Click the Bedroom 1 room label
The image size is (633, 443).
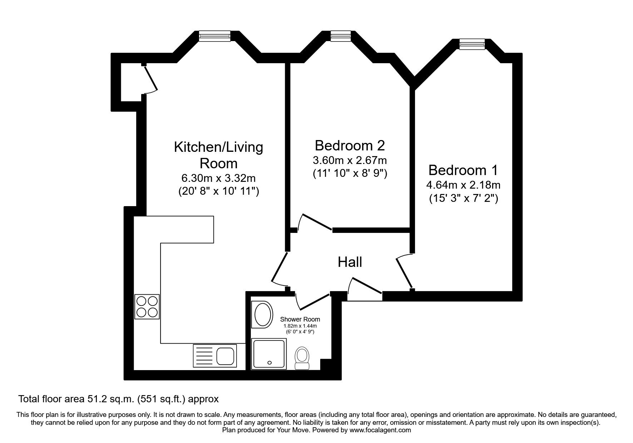[463, 170]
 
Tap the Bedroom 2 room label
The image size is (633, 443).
[350, 145]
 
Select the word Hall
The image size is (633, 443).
[350, 262]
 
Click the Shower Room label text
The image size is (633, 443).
[300, 319]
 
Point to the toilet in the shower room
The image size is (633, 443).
[302, 359]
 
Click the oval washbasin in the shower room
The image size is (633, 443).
[262, 315]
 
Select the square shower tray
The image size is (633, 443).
[269, 354]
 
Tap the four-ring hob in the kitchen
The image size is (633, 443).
[147, 307]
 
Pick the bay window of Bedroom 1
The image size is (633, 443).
[471, 44]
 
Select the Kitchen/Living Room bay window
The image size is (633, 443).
[214, 36]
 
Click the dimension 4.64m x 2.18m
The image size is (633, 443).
[463, 185]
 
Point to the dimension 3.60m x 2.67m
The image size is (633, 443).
[350, 160]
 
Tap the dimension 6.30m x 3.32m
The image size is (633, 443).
[218, 178]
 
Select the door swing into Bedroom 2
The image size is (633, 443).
[315, 223]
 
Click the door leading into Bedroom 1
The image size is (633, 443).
[405, 271]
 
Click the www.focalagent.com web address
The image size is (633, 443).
[380, 430]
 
